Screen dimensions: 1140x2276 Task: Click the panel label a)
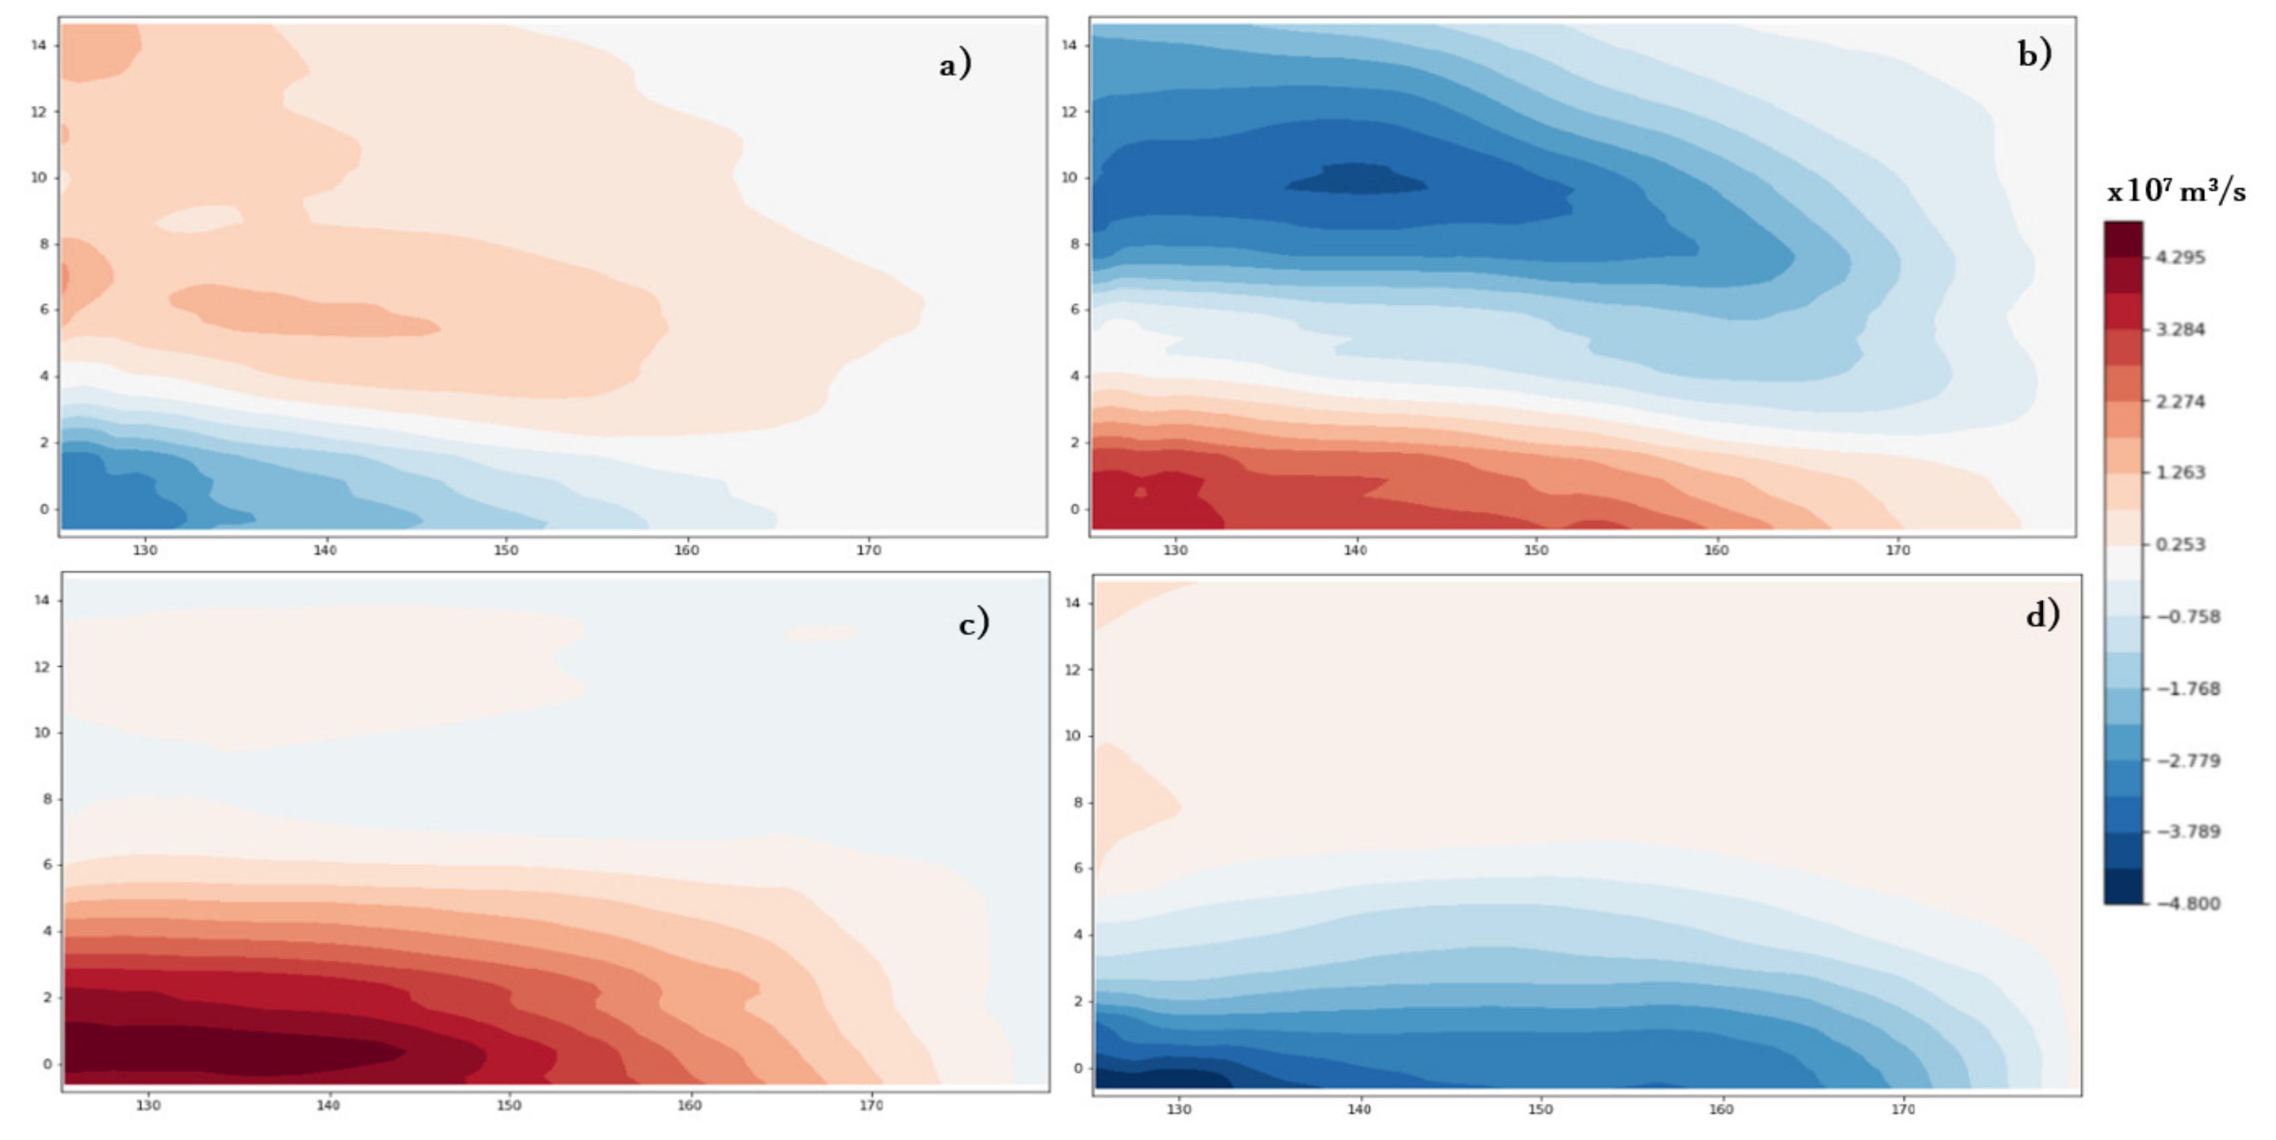click(954, 65)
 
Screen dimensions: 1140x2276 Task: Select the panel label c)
click(973, 624)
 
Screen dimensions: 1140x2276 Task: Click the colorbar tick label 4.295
click(2181, 257)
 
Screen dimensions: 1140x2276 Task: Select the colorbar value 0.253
click(2181, 544)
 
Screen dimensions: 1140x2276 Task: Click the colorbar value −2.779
click(2187, 761)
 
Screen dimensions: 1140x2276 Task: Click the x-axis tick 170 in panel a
click(869, 550)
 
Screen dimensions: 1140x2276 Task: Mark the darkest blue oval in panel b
click(1356, 179)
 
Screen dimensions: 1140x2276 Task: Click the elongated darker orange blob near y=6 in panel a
click(300, 311)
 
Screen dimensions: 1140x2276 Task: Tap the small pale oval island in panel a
click(199, 218)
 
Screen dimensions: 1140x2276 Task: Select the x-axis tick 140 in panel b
click(1356, 550)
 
